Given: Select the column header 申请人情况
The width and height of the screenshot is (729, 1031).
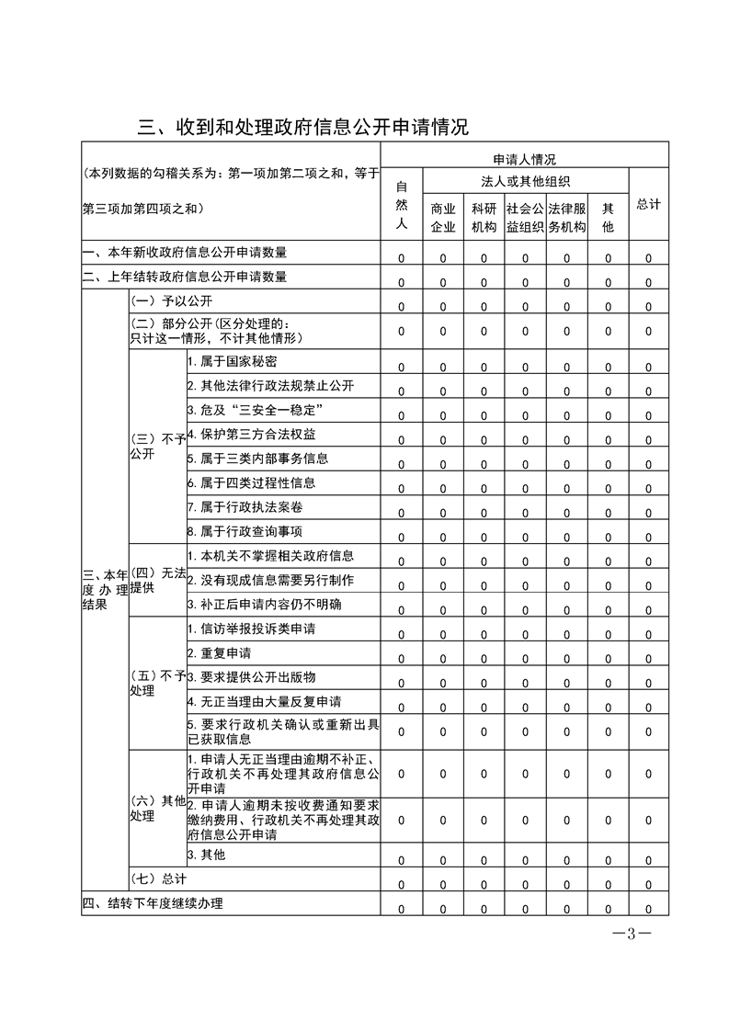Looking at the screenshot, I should click(524, 159).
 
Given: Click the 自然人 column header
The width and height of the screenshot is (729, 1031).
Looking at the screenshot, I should click(401, 205).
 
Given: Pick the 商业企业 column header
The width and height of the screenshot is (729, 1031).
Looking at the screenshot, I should click(442, 217).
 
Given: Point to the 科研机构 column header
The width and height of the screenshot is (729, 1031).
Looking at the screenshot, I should click(484, 217).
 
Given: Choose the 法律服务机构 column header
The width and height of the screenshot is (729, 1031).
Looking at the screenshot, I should click(566, 217).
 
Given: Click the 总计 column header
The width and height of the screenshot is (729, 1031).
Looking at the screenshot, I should click(648, 204).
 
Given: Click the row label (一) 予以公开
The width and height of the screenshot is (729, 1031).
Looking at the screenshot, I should click(163, 300).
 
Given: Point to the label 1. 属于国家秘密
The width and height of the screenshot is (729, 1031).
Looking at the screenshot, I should click(225, 361).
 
